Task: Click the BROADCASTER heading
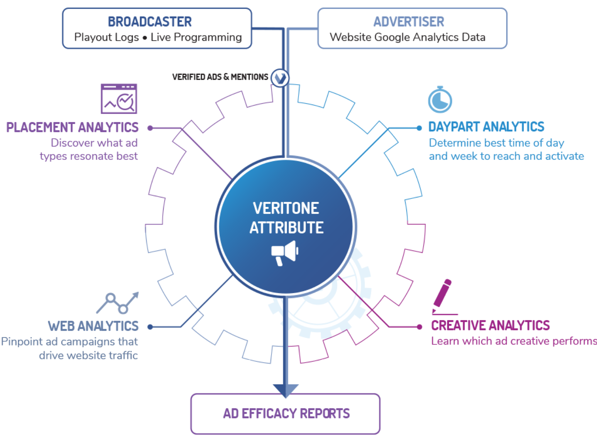tap(150, 22)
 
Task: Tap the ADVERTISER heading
tap(409, 22)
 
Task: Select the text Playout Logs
tap(106, 37)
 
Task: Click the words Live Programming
tap(196, 37)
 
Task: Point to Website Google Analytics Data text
tap(408, 37)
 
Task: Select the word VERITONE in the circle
tap(286, 208)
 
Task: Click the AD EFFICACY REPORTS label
tap(286, 413)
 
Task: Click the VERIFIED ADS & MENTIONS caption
tap(220, 77)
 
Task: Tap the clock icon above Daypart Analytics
tap(440, 100)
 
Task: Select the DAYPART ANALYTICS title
tap(486, 127)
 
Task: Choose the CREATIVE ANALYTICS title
tap(490, 325)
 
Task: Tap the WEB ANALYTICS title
tap(93, 326)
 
